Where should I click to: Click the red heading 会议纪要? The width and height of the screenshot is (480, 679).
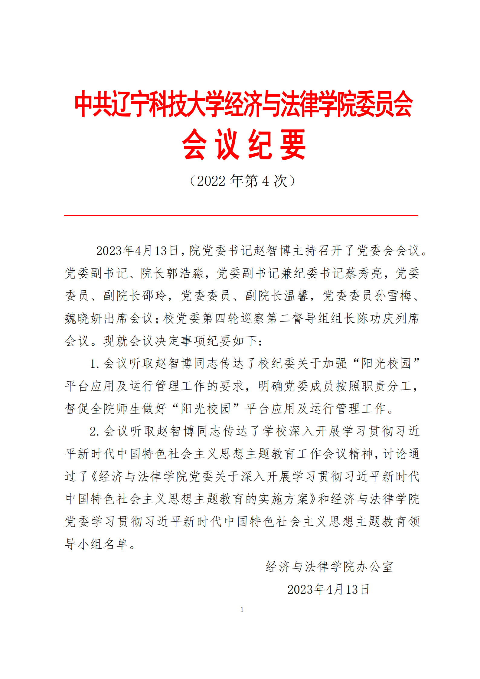[x=243, y=145]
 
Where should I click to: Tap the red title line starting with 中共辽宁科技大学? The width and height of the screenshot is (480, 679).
[x=243, y=104]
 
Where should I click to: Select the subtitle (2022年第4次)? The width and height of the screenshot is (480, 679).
[x=242, y=181]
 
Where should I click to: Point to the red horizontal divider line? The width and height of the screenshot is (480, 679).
[x=241, y=216]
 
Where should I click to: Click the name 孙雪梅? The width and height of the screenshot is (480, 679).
[x=393, y=296]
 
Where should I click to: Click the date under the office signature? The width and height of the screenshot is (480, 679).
[x=328, y=589]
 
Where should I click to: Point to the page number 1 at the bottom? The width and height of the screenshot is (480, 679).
[x=242, y=610]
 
